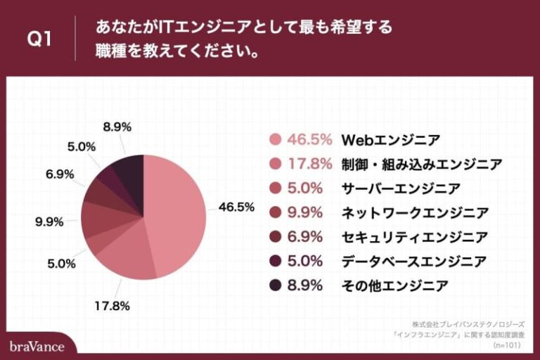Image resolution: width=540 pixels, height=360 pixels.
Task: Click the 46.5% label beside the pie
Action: tap(236, 207)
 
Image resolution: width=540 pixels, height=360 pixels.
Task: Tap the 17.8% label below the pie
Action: tap(112, 306)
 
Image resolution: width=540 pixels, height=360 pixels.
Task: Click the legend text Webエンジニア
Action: tap(391, 139)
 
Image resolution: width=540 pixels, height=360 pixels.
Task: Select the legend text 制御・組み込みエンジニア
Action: tap(421, 164)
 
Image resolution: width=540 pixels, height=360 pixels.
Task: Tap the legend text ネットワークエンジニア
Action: tap(414, 212)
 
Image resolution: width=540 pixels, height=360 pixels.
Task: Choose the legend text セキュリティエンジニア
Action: tap(414, 237)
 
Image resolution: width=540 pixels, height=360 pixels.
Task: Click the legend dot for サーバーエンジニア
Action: tap(275, 188)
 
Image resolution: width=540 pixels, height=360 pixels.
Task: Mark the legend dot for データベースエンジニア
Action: tap(275, 262)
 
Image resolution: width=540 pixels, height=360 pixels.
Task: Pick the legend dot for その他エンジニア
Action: tap(275, 285)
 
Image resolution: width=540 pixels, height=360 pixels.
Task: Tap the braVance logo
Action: tap(37, 346)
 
